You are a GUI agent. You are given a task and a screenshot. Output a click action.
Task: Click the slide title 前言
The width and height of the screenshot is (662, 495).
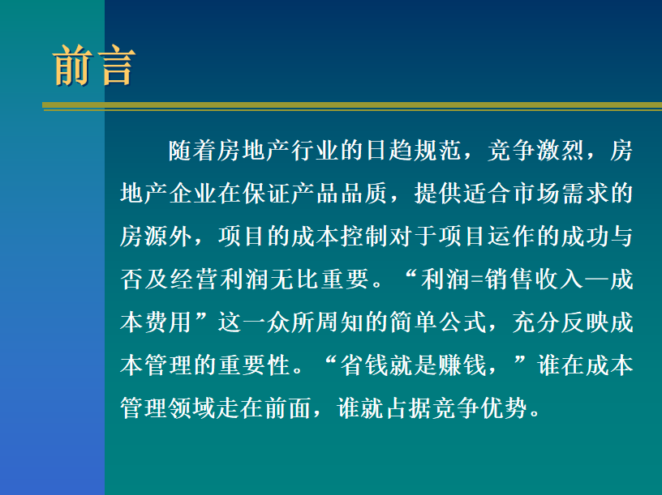(x=94, y=66)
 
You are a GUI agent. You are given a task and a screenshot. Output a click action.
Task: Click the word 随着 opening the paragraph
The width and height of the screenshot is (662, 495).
(x=192, y=151)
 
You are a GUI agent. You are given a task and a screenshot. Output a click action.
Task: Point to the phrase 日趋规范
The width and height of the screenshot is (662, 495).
(x=413, y=151)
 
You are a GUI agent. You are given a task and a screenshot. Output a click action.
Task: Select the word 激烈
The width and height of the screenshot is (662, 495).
(x=561, y=151)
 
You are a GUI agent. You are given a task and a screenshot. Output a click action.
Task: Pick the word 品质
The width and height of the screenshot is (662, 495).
(x=364, y=194)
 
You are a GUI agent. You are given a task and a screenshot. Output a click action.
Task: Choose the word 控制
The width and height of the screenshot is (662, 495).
(x=364, y=236)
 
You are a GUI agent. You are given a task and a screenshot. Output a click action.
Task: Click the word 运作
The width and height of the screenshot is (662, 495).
(x=512, y=236)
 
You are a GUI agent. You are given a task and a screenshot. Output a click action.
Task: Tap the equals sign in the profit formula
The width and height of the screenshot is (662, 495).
(x=477, y=280)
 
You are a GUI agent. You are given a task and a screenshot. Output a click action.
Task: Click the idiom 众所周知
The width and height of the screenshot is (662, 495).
(x=316, y=322)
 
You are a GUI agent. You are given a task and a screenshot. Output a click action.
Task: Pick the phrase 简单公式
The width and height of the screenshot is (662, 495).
(x=438, y=322)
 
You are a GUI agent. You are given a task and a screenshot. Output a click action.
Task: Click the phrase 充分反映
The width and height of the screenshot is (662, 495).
(x=561, y=322)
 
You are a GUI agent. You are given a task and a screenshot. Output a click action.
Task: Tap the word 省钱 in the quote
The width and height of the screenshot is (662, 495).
(x=364, y=365)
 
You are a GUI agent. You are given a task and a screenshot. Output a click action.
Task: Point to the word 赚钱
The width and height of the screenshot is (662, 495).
(x=462, y=365)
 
